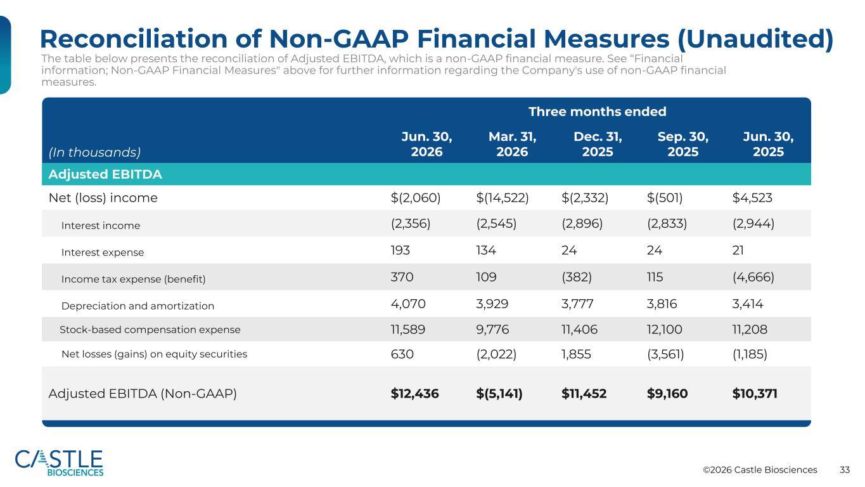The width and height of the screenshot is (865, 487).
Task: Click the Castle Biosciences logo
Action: point(59,463)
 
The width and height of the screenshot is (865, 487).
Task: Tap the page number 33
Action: point(845,470)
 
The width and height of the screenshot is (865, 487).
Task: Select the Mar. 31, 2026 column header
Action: point(512,144)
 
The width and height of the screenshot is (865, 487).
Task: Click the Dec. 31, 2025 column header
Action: point(598,144)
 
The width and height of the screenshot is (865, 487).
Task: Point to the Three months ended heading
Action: point(597,112)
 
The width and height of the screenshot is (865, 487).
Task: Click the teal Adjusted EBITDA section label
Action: point(105,174)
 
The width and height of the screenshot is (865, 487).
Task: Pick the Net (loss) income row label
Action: point(103,198)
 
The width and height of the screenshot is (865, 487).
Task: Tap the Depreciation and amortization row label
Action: point(138,306)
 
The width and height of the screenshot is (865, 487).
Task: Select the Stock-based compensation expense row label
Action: point(150,330)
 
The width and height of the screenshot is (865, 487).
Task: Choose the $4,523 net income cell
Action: point(752,198)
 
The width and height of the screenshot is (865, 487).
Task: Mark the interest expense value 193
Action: point(400,250)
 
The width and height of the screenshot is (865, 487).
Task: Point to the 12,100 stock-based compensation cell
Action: point(664,329)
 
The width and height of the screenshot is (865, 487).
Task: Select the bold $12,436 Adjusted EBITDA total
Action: point(414,393)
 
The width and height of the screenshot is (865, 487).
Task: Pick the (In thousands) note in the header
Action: point(94,152)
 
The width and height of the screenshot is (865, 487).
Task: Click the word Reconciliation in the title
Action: point(134,39)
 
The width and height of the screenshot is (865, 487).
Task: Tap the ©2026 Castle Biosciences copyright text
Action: point(760,470)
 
